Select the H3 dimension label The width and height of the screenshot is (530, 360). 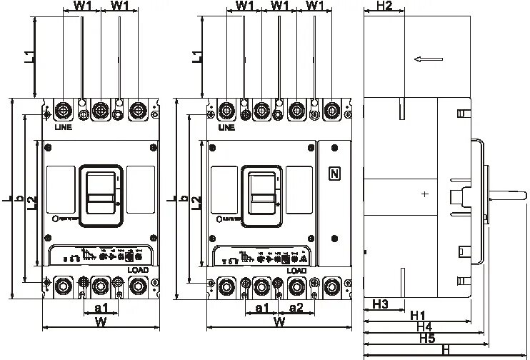380,306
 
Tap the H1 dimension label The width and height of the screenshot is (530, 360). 418,315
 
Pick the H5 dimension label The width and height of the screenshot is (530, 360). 427,338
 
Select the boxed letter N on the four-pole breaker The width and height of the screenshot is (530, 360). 334,174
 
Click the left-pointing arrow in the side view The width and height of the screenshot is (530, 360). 426,60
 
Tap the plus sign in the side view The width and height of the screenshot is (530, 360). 425,194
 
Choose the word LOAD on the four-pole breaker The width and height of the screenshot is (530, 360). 296,270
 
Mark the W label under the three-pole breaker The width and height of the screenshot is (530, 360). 101,322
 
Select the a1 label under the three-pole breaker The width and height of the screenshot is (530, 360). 101,308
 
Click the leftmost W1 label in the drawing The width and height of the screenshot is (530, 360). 83,6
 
